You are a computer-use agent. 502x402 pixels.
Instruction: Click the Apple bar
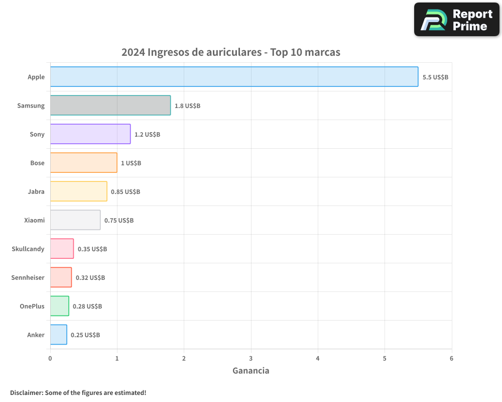coord(234,77)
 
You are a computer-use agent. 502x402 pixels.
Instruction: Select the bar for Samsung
coord(110,106)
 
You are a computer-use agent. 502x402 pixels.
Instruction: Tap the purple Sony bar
coord(90,134)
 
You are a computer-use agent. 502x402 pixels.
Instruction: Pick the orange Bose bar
coord(83,163)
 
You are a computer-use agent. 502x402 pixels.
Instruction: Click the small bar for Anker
coord(58,335)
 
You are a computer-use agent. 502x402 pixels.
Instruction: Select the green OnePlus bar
coord(59,306)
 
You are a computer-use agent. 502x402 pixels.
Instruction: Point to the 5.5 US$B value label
coord(435,77)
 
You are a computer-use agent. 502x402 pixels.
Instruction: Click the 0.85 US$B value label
coord(125,192)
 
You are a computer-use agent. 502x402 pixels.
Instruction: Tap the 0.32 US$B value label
coord(90,278)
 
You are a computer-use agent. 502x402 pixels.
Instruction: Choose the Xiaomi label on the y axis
coord(34,220)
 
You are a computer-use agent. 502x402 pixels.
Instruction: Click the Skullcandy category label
coord(28,249)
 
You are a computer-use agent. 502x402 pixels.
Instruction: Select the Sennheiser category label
coord(28,277)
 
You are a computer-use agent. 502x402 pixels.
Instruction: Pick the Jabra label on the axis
coord(36,191)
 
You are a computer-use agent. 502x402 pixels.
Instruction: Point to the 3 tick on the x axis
coord(251,358)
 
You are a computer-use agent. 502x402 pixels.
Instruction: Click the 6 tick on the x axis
coord(451,358)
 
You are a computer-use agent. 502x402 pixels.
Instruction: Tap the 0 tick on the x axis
coord(50,358)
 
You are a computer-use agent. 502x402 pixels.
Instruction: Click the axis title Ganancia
coord(251,371)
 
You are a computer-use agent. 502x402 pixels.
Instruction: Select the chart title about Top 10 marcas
coord(231,52)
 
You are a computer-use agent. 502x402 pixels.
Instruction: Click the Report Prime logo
coord(457,20)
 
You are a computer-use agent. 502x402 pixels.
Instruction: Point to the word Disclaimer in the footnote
coord(26,392)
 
